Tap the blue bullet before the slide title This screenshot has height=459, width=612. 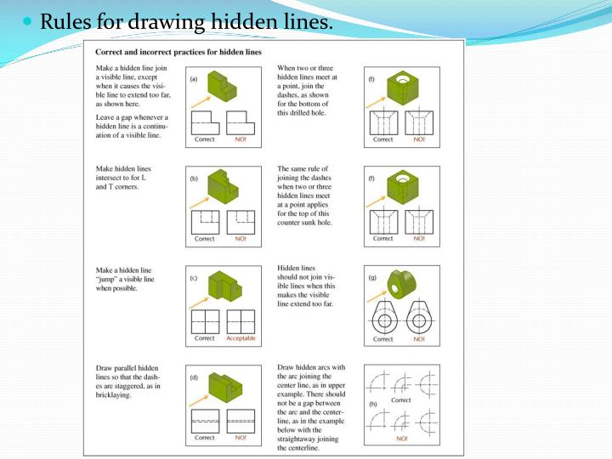pos(30,20)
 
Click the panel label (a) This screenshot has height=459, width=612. pos(195,79)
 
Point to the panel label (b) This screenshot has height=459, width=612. pos(195,181)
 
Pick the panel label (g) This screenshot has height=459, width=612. pos(371,278)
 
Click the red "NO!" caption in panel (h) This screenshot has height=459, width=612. pos(400,439)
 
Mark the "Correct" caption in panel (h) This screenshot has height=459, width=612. pos(400,399)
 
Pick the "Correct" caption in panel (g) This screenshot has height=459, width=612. pos(383,339)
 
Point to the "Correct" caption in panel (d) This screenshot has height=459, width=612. pos(205,438)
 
